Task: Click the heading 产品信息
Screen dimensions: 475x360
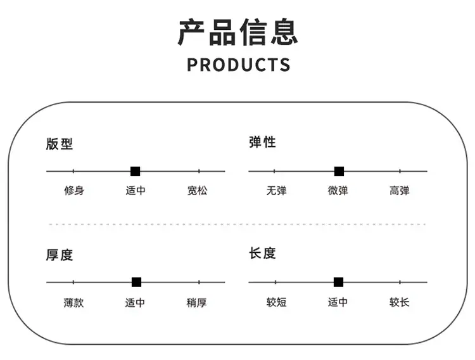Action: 237,32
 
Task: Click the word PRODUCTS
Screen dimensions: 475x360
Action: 238,65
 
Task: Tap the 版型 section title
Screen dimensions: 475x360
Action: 60,144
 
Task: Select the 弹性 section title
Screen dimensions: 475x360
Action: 262,142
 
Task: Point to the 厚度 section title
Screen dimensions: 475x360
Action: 60,255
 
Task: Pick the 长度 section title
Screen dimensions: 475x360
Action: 262,254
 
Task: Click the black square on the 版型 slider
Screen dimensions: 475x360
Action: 135,171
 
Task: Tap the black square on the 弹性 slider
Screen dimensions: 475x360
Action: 339,171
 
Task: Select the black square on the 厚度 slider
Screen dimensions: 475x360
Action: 136,282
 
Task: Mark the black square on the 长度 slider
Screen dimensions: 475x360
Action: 338,282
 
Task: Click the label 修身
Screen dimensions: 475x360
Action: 74,191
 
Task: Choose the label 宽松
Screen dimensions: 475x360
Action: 197,191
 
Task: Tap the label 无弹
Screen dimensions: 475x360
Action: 276,191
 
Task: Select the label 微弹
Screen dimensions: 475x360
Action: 338,191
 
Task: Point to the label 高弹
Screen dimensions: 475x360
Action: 400,191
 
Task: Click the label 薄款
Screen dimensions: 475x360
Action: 73,303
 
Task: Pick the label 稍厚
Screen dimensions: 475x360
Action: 196,303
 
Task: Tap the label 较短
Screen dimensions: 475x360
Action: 276,302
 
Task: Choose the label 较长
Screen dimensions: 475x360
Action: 400,302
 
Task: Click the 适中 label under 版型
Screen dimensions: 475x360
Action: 136,191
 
